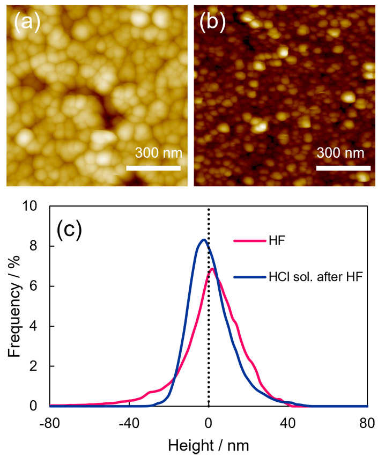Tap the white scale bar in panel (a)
point(153,168)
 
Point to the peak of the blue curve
point(203,240)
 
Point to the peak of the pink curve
point(212,269)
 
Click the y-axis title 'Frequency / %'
point(16,306)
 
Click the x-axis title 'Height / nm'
point(209,445)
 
